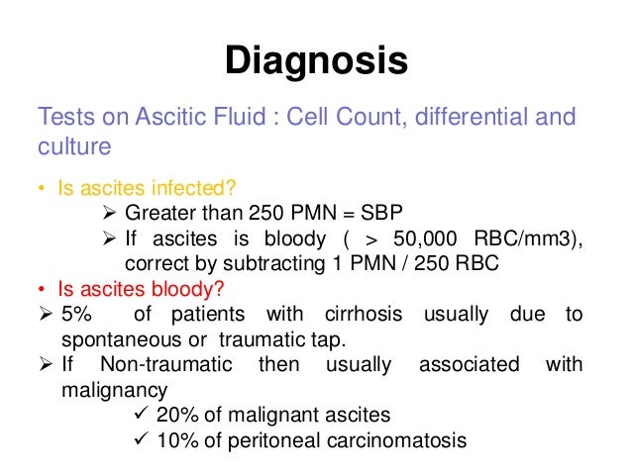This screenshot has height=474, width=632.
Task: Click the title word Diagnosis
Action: coord(315,61)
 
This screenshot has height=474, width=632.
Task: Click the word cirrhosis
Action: coord(363,315)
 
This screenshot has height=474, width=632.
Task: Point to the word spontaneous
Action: coord(97,339)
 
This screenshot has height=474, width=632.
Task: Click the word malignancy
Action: coord(95,390)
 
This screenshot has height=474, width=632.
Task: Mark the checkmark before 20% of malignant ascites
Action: coord(143,415)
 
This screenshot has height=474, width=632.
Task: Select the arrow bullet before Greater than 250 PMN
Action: coord(110,215)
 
